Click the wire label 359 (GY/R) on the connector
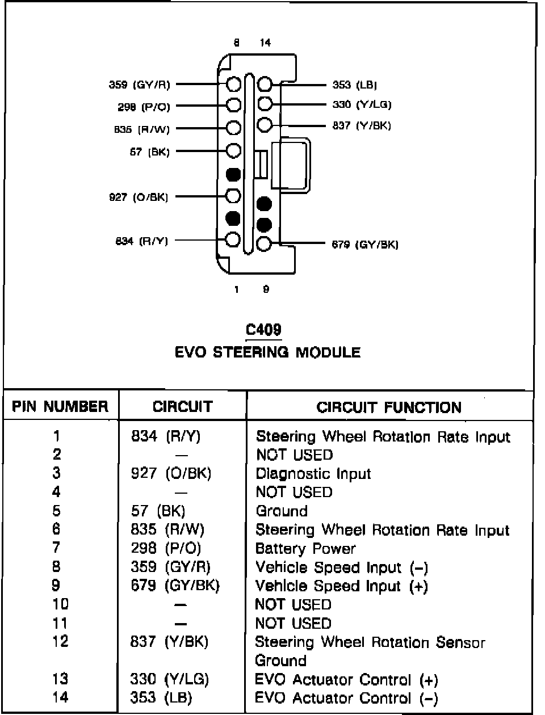(x=139, y=85)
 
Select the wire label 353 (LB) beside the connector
(x=355, y=85)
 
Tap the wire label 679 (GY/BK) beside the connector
(x=365, y=245)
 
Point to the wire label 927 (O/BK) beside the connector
(x=139, y=197)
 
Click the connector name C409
(x=263, y=330)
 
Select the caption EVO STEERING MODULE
(x=267, y=352)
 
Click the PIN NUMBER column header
(x=60, y=406)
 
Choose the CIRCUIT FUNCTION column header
(x=389, y=407)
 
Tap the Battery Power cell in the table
(x=305, y=549)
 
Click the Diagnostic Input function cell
(x=313, y=474)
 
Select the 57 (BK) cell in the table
(x=158, y=511)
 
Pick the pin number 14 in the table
(x=60, y=697)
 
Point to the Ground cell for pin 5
(x=282, y=511)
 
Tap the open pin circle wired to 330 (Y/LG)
(x=265, y=104)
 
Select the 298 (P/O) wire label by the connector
(x=144, y=107)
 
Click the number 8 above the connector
(x=236, y=43)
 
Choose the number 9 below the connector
(x=266, y=289)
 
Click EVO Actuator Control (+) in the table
(x=347, y=679)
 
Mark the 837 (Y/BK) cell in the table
(x=169, y=642)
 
